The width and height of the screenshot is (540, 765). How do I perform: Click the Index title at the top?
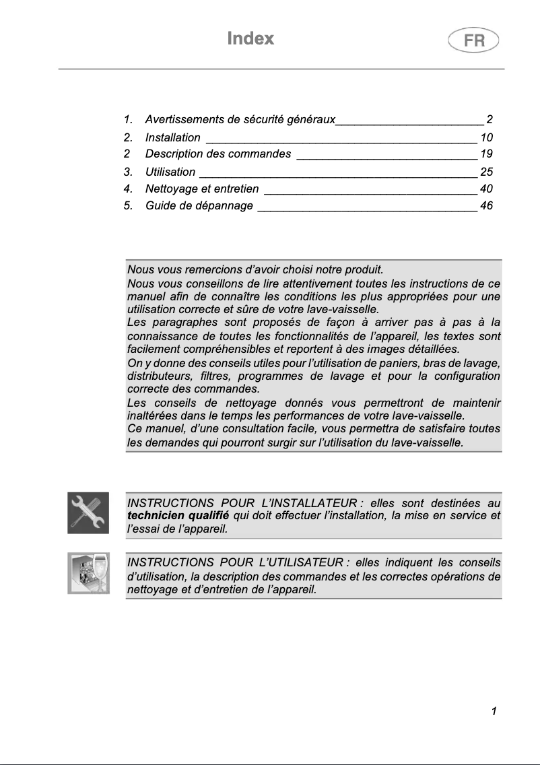point(250,38)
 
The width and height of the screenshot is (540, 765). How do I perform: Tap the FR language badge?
point(473,40)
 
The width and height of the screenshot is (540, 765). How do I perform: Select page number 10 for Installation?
point(486,137)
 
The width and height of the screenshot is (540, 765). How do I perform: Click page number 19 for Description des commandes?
point(486,154)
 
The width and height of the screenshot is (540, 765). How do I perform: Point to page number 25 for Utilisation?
point(486,172)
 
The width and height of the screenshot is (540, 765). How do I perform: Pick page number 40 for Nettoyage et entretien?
point(486,189)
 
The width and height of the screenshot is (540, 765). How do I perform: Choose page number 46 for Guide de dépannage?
point(486,205)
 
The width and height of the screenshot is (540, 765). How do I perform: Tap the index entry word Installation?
point(172,137)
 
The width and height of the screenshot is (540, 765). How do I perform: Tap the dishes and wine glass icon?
point(88,574)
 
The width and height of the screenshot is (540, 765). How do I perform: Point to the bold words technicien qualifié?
point(178,516)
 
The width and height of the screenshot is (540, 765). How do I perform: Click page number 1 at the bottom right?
point(494,711)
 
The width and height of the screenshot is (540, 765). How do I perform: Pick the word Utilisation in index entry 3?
point(170,172)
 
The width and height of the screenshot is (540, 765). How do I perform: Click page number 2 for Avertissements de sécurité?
point(490,120)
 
